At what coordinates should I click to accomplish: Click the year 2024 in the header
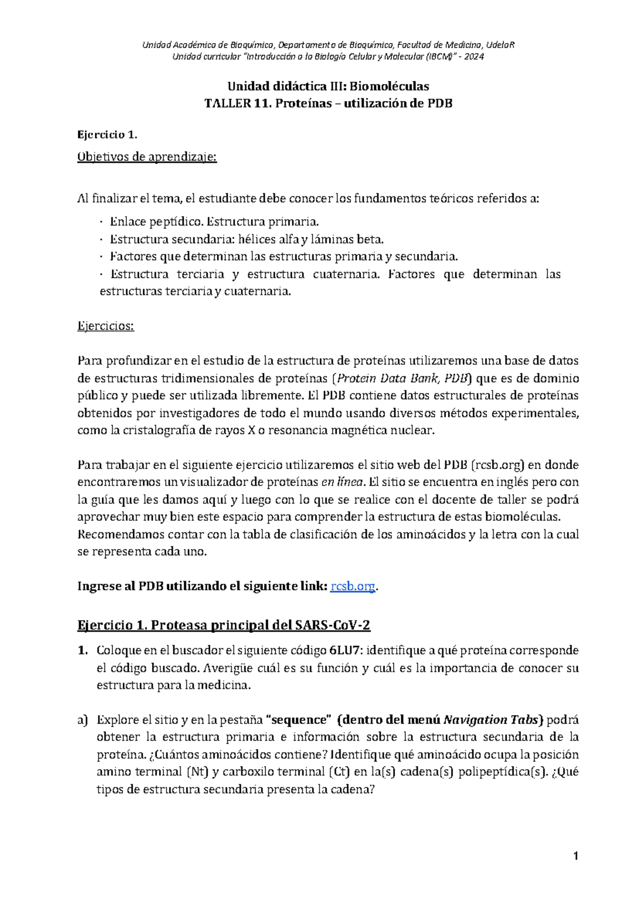tap(474, 57)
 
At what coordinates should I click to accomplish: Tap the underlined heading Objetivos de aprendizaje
tap(147, 157)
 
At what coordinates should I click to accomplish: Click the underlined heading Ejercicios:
tap(105, 326)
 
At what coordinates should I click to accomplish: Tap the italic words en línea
tap(342, 482)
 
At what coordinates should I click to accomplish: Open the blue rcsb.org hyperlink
tap(353, 586)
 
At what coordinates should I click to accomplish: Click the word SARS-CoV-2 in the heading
tap(332, 625)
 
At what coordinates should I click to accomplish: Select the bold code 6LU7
tap(345, 651)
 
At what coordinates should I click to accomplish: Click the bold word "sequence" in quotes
tap(298, 720)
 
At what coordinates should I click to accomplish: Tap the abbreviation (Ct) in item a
tap(340, 772)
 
